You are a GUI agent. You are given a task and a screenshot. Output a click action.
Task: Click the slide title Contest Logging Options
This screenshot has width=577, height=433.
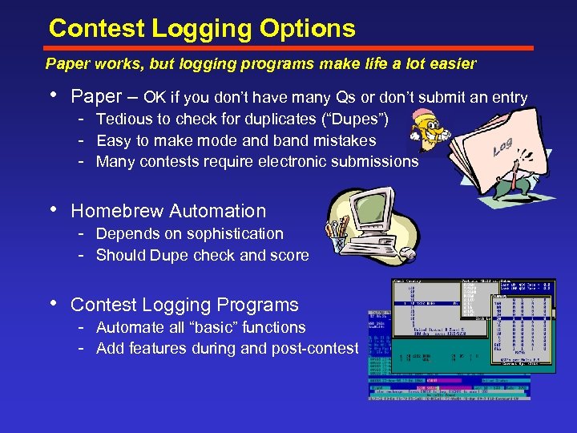click(x=202, y=29)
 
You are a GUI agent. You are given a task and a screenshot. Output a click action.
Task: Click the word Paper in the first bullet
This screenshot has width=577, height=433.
click(x=96, y=97)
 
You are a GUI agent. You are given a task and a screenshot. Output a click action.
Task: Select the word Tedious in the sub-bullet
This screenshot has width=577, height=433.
click(x=123, y=119)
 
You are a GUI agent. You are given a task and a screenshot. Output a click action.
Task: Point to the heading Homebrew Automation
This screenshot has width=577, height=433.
click(x=168, y=211)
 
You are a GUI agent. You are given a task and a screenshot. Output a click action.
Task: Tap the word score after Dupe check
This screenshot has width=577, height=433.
click(x=291, y=255)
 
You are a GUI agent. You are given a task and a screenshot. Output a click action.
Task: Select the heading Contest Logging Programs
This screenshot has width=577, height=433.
click(x=184, y=305)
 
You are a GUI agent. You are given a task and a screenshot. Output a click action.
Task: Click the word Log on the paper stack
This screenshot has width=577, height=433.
click(x=503, y=147)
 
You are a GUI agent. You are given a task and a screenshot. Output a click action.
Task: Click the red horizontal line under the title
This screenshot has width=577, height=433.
click(x=288, y=49)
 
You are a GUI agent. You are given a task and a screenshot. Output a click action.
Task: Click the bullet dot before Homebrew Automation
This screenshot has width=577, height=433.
click(x=54, y=211)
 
